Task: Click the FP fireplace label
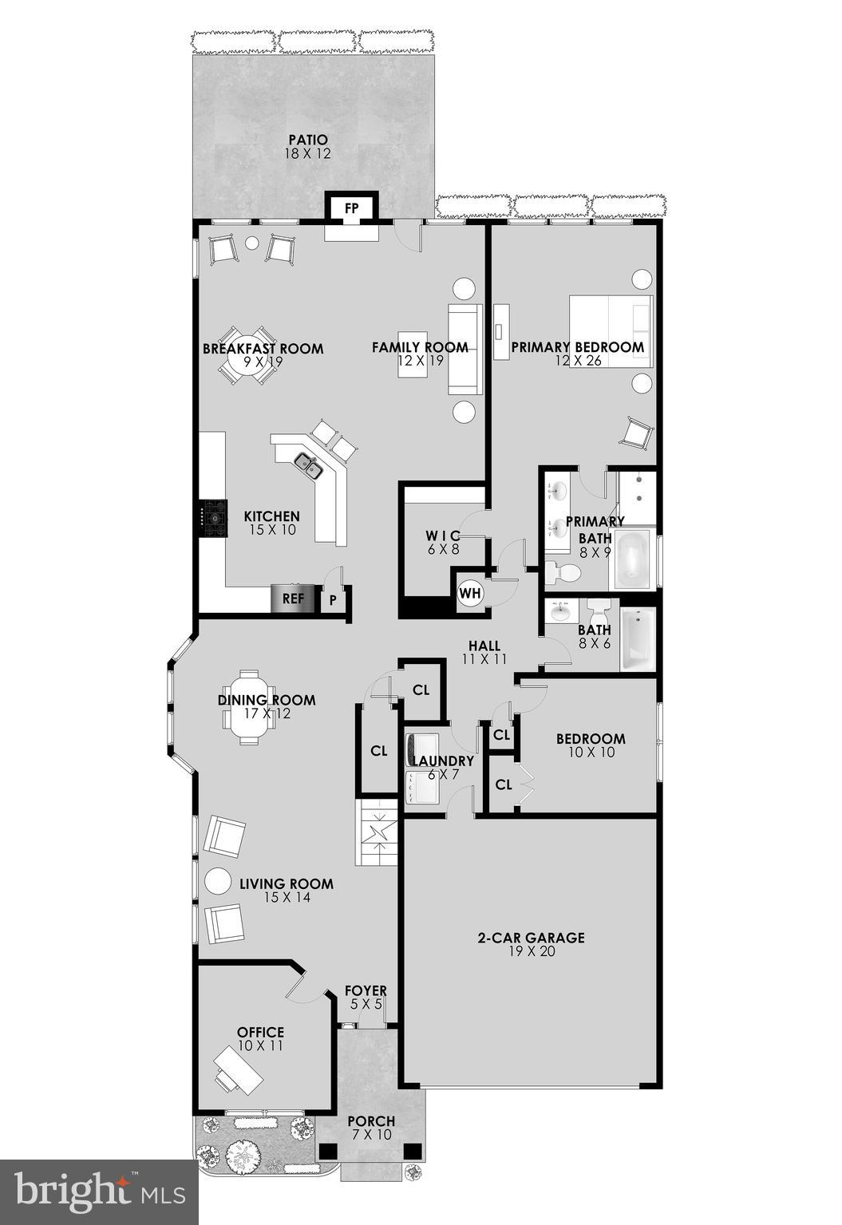pos(352,208)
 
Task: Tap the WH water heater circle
pos(470,593)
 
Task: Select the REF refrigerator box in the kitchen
pos(294,599)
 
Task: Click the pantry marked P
pos(333,600)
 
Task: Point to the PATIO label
pos(308,140)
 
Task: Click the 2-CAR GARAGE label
pos(531,938)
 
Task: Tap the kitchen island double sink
pos(309,465)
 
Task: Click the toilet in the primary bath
pos(563,572)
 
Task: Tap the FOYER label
pos(366,991)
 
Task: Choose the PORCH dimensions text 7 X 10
pos(371,1134)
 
